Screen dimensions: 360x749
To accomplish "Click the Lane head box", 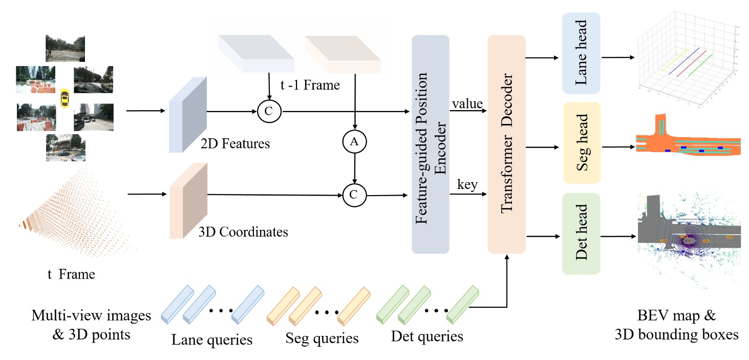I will click(x=581, y=54).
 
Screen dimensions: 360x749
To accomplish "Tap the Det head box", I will click(x=581, y=234).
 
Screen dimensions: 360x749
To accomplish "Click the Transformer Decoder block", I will click(x=507, y=144).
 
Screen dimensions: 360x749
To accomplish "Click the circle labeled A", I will click(x=353, y=143).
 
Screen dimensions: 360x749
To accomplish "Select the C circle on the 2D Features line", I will click(x=267, y=111).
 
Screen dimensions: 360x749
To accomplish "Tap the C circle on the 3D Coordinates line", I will click(x=353, y=195).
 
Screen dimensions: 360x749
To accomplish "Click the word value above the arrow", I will click(x=467, y=104).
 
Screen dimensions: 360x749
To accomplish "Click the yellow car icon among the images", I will click(x=65, y=97).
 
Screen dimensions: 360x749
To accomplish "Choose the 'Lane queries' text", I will click(x=212, y=339).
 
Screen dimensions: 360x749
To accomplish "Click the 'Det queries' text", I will click(x=426, y=336).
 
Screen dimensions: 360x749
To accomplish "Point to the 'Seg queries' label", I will click(x=322, y=338).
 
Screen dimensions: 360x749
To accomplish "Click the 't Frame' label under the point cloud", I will click(x=71, y=274).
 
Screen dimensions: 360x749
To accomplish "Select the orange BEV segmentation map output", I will click(x=688, y=138).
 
